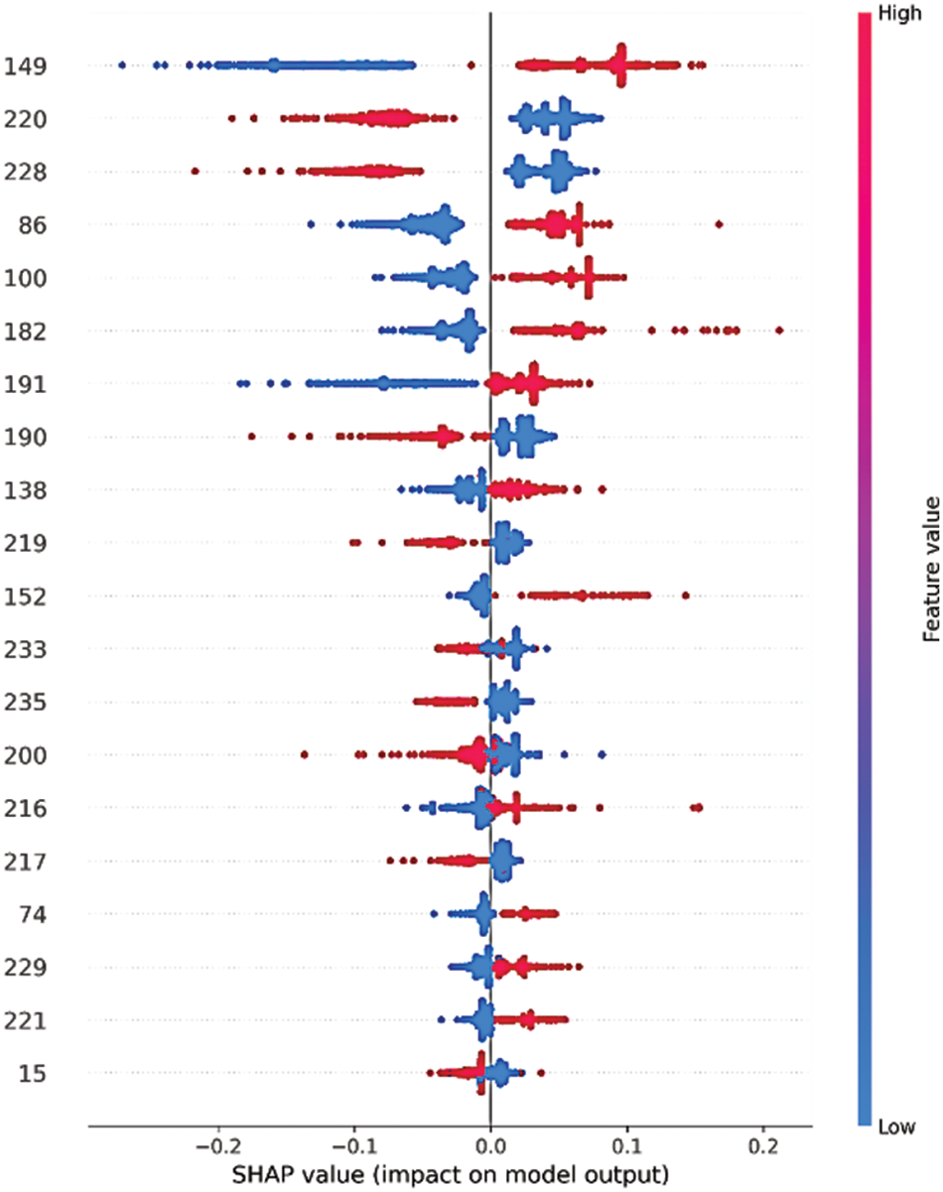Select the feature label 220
(x=32, y=120)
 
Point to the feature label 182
(x=32, y=331)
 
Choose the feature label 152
(x=32, y=596)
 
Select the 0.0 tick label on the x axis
(x=489, y=1144)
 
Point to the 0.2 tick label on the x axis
(x=762, y=1144)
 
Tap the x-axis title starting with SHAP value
(x=451, y=1174)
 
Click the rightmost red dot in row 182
(x=779, y=330)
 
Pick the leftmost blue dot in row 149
(x=122, y=66)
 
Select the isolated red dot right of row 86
(x=719, y=224)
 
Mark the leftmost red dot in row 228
(x=195, y=172)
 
